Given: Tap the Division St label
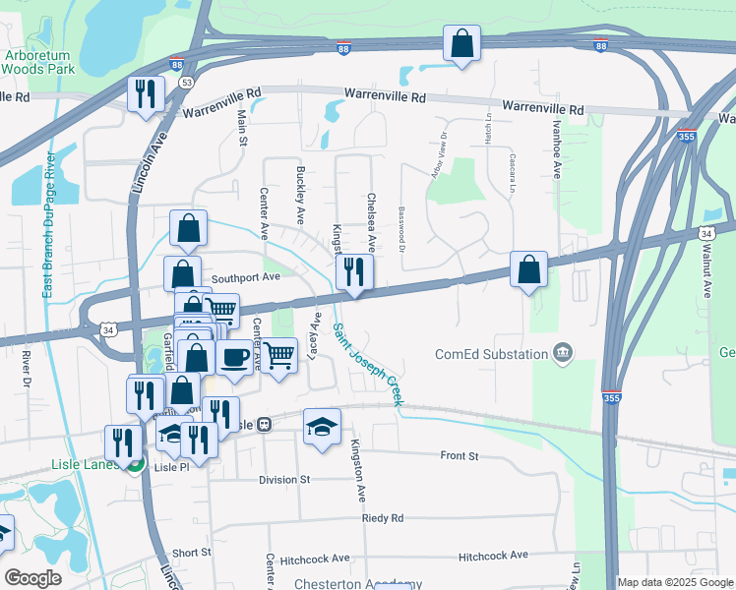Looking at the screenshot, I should click(x=284, y=479).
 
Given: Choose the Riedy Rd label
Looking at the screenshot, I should click(x=382, y=517).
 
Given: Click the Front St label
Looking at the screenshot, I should click(x=459, y=456).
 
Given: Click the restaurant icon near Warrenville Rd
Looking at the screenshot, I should click(x=146, y=94).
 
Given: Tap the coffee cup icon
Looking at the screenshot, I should click(x=234, y=357).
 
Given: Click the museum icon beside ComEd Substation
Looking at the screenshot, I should click(x=562, y=352).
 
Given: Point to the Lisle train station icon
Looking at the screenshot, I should click(x=264, y=425).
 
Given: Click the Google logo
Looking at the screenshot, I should click(x=32, y=578).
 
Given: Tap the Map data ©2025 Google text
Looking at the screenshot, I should click(x=674, y=582).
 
